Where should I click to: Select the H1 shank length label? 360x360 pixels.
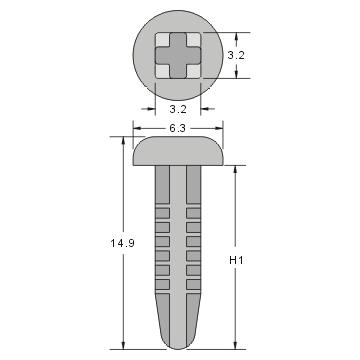pyautogui.click(x=236, y=260)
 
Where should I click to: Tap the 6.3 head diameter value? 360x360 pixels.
pyautogui.click(x=176, y=129)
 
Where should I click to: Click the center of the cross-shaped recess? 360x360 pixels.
pyautogui.click(x=177, y=57)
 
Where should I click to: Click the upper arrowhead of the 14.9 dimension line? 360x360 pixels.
pyautogui.click(x=124, y=143)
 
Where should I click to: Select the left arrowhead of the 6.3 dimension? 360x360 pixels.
pyautogui.click(x=137, y=129)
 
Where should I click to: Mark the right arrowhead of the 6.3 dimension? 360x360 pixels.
pyautogui.click(x=217, y=129)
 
